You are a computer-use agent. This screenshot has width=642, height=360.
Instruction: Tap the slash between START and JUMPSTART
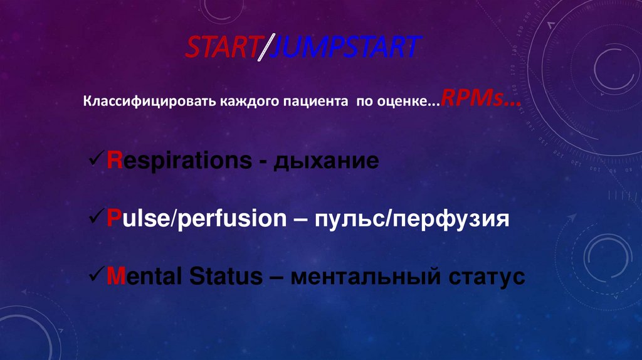coord(263,49)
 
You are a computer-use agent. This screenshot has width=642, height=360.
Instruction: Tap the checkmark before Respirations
coord(96,160)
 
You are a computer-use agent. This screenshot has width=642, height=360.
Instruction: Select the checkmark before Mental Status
coord(96,275)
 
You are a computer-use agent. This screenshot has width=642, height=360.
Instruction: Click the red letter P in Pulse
coord(113,219)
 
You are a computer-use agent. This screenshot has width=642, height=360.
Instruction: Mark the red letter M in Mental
coord(114,277)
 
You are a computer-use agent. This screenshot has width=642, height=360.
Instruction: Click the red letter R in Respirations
coord(113,161)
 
